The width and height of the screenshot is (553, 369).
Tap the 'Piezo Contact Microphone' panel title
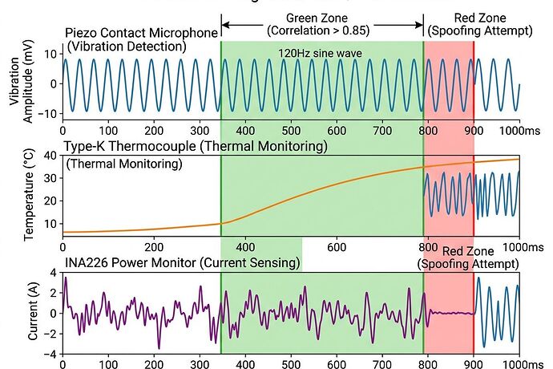click(141, 33)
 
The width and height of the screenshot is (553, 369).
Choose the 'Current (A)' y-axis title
click(33, 313)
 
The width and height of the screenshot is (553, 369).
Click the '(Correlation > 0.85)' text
click(322, 31)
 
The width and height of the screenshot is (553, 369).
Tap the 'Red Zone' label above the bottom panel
click(467, 251)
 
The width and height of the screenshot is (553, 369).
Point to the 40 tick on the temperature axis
click(50, 156)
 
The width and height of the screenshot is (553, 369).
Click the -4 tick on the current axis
click(50, 354)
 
